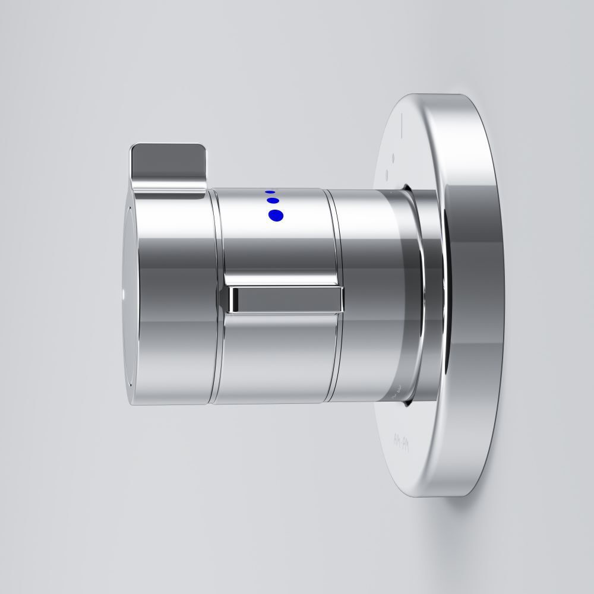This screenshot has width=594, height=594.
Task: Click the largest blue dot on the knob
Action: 277,216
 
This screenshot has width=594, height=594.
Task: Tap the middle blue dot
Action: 274,201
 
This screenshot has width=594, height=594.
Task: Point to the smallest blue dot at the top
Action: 271,192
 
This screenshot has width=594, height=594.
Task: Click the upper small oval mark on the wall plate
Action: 393,157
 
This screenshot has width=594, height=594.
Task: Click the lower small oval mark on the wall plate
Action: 387,175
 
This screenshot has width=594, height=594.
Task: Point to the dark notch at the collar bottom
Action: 406,404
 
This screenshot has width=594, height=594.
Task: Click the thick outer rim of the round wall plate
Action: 475,297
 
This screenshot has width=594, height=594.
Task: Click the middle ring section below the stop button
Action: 273,356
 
